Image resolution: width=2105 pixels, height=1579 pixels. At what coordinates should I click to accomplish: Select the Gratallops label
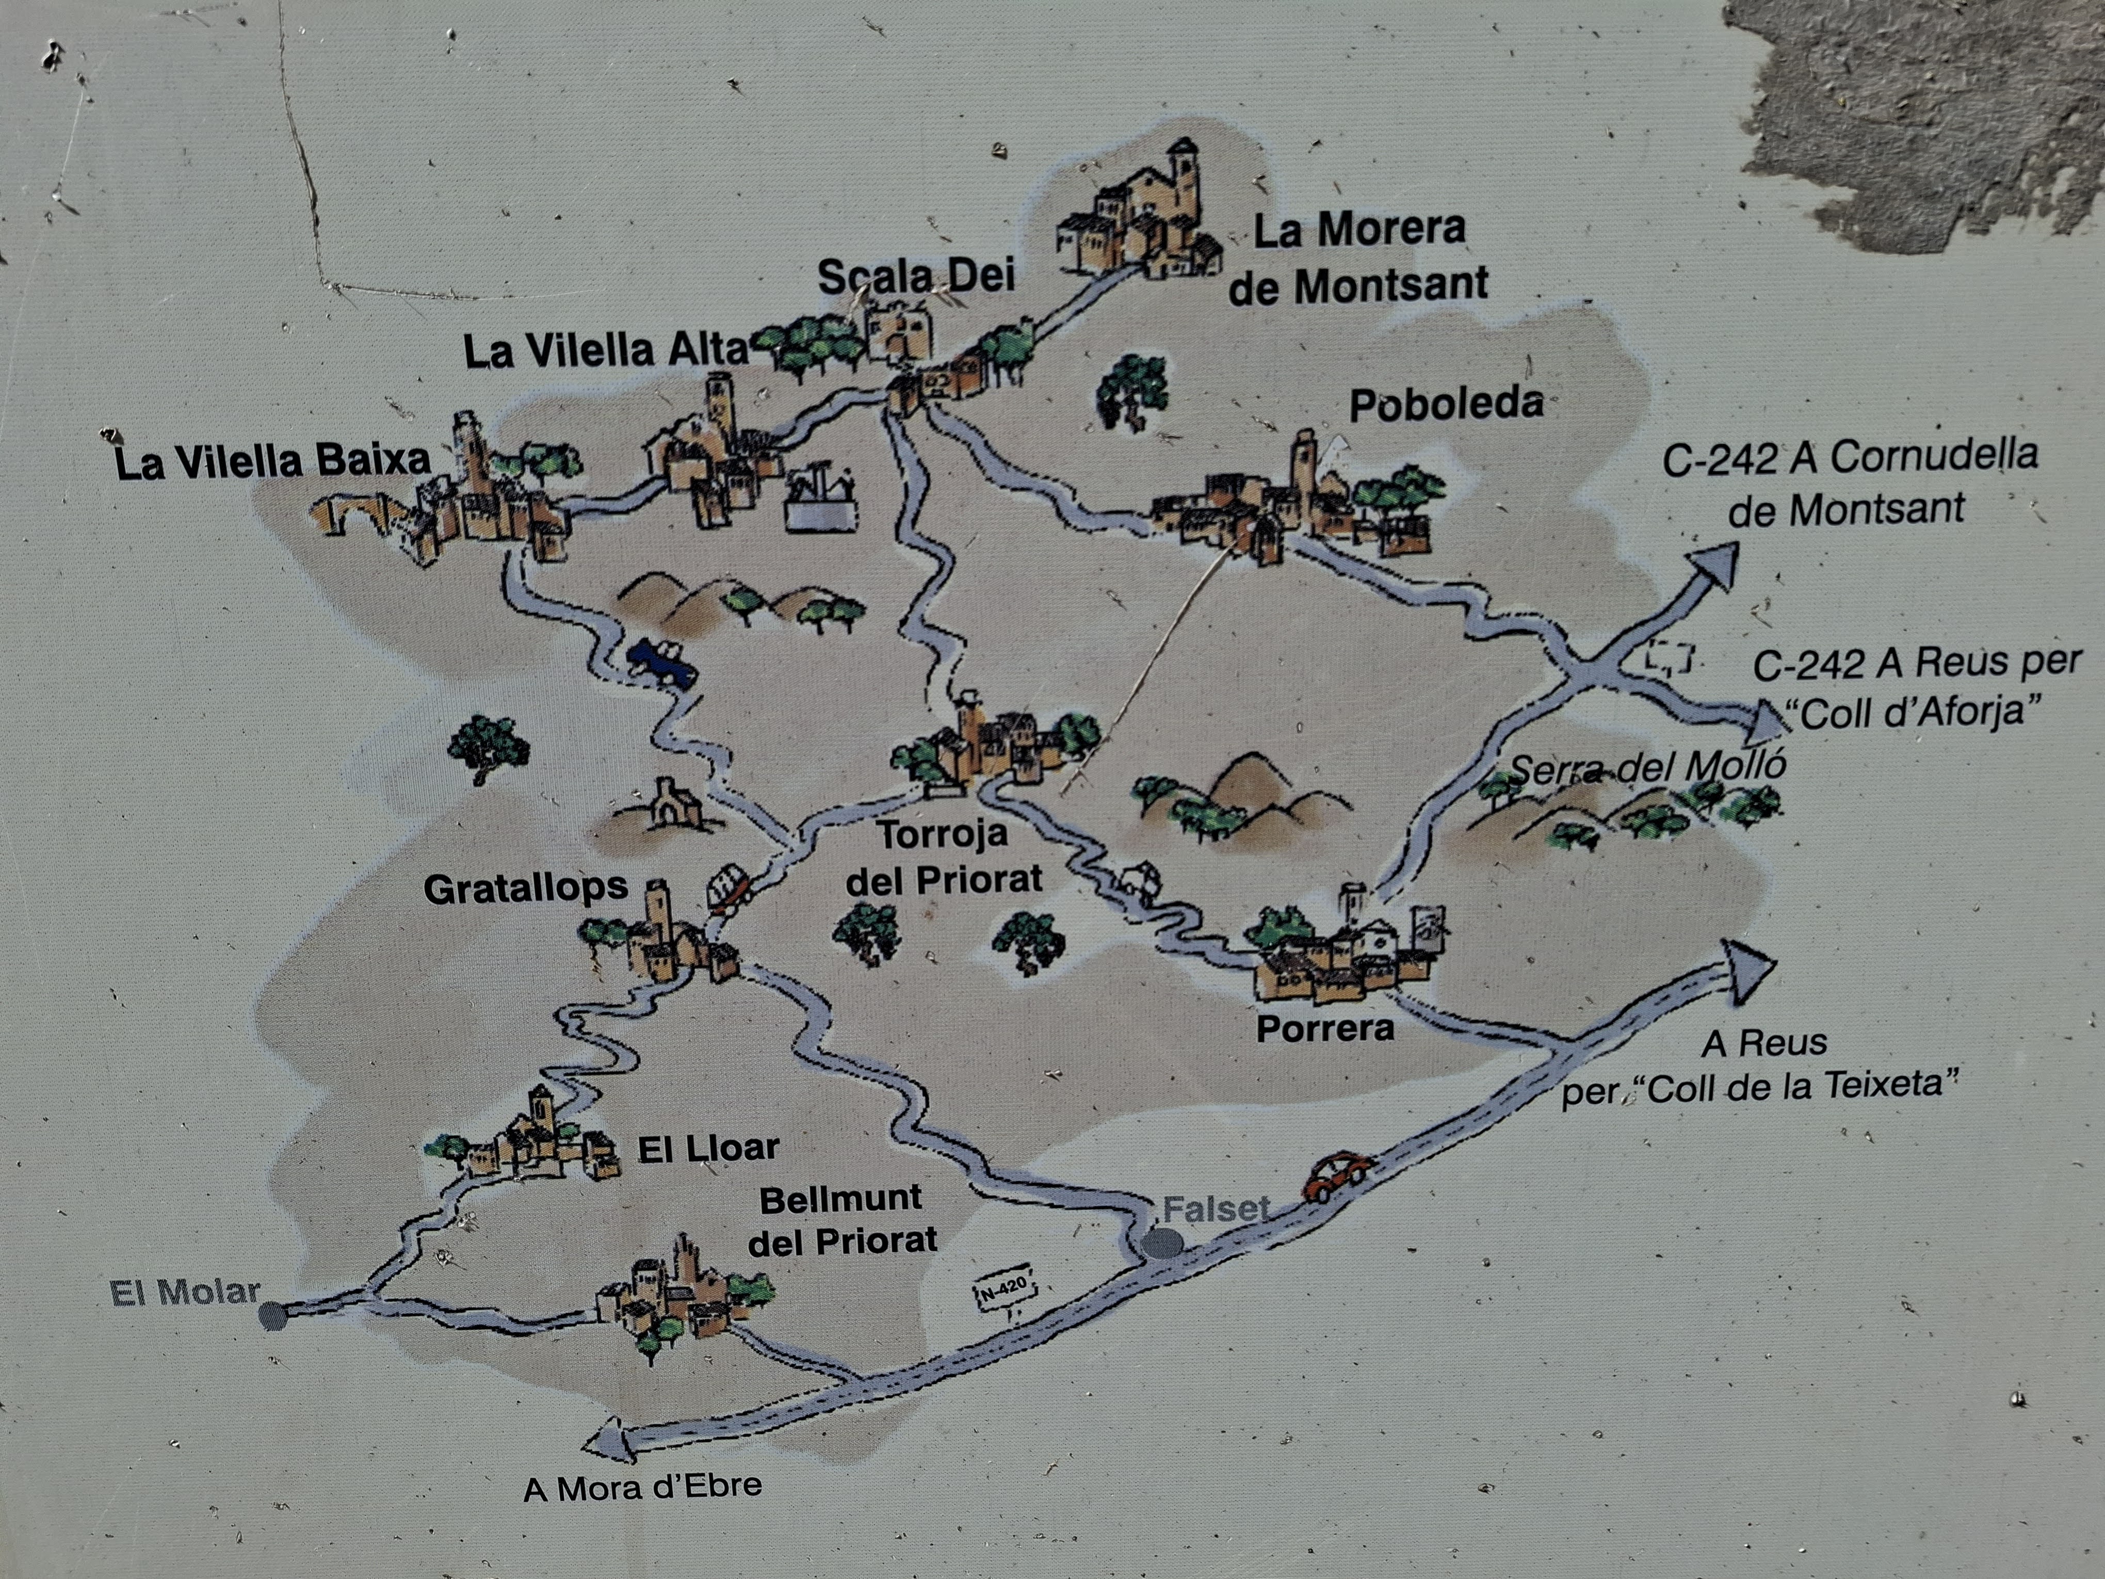(x=525, y=889)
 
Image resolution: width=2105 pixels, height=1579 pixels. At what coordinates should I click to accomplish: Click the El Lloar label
(x=708, y=1148)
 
